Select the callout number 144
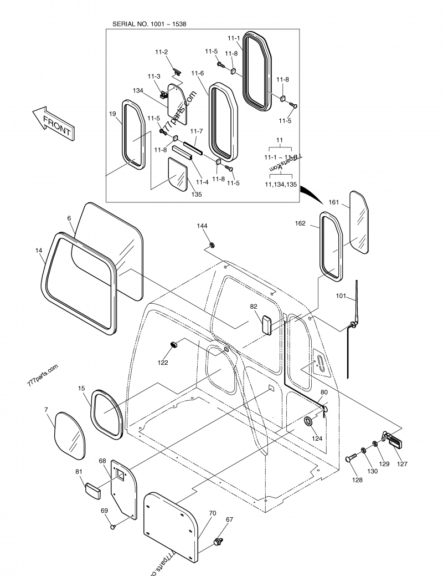[x=202, y=226]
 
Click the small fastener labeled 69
[x=113, y=527]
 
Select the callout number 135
[x=197, y=195]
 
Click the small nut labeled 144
[x=213, y=244]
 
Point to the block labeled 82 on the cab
[x=266, y=325]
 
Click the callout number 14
[x=39, y=251]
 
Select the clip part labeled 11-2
[x=177, y=71]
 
